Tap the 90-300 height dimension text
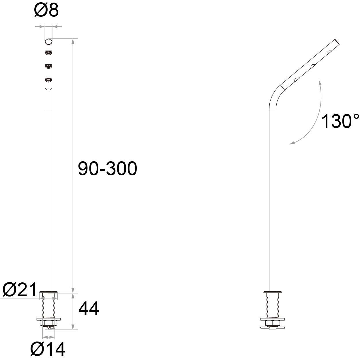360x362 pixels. [108, 168]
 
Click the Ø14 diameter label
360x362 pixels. [48, 349]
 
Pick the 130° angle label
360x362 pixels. [340, 121]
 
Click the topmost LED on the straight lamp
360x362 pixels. [48, 53]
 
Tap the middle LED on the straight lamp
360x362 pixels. [48, 67]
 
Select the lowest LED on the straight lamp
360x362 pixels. [48, 80]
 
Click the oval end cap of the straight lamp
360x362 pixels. [48, 42]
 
